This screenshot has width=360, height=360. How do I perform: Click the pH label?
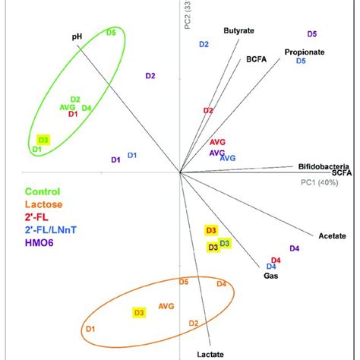click(x=77, y=35)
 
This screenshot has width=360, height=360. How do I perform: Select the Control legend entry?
click(x=53, y=192)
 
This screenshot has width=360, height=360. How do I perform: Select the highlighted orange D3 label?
click(x=139, y=312)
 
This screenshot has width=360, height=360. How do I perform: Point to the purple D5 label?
click(x=312, y=34)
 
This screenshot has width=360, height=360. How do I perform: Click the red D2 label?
click(x=208, y=111)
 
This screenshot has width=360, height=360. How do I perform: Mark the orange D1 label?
click(x=90, y=328)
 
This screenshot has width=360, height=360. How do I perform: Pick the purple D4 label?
click(x=295, y=248)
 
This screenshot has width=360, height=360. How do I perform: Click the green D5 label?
click(x=111, y=32)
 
